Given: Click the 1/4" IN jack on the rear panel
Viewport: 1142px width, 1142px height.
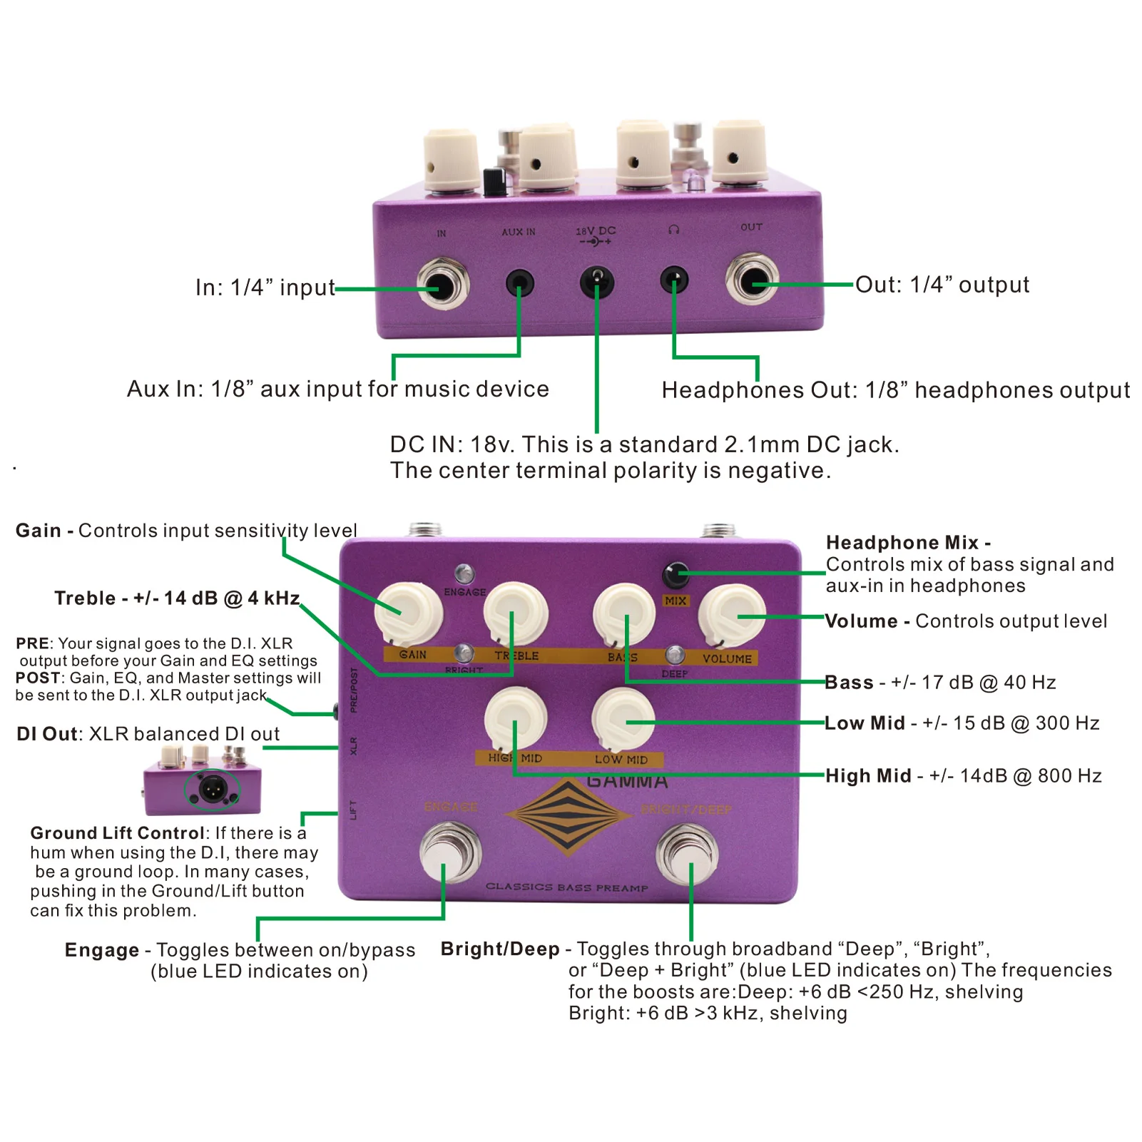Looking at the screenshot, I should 443,285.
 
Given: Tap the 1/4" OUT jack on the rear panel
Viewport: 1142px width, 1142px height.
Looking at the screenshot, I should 752,280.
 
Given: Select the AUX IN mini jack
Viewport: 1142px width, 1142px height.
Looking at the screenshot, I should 519,284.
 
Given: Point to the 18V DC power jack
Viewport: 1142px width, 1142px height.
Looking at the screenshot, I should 597,282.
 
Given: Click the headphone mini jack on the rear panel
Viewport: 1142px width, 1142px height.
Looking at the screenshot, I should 674,280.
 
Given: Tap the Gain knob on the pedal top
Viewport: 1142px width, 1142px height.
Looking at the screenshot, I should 409,613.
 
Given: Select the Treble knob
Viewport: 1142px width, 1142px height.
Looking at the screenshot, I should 516,613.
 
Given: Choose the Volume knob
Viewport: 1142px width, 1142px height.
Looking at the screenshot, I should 732,615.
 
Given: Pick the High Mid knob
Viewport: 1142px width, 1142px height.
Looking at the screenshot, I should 515,719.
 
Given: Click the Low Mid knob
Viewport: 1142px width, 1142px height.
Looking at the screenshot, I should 623,719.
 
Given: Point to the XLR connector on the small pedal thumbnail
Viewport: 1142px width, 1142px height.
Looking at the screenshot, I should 213,789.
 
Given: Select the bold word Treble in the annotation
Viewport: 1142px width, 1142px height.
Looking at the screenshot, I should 85,598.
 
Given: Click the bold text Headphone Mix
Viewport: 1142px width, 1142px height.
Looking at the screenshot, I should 902,543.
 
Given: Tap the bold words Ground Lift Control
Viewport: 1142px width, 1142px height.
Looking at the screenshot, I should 117,833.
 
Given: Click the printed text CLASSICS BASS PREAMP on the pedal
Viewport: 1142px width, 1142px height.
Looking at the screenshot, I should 567,887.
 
